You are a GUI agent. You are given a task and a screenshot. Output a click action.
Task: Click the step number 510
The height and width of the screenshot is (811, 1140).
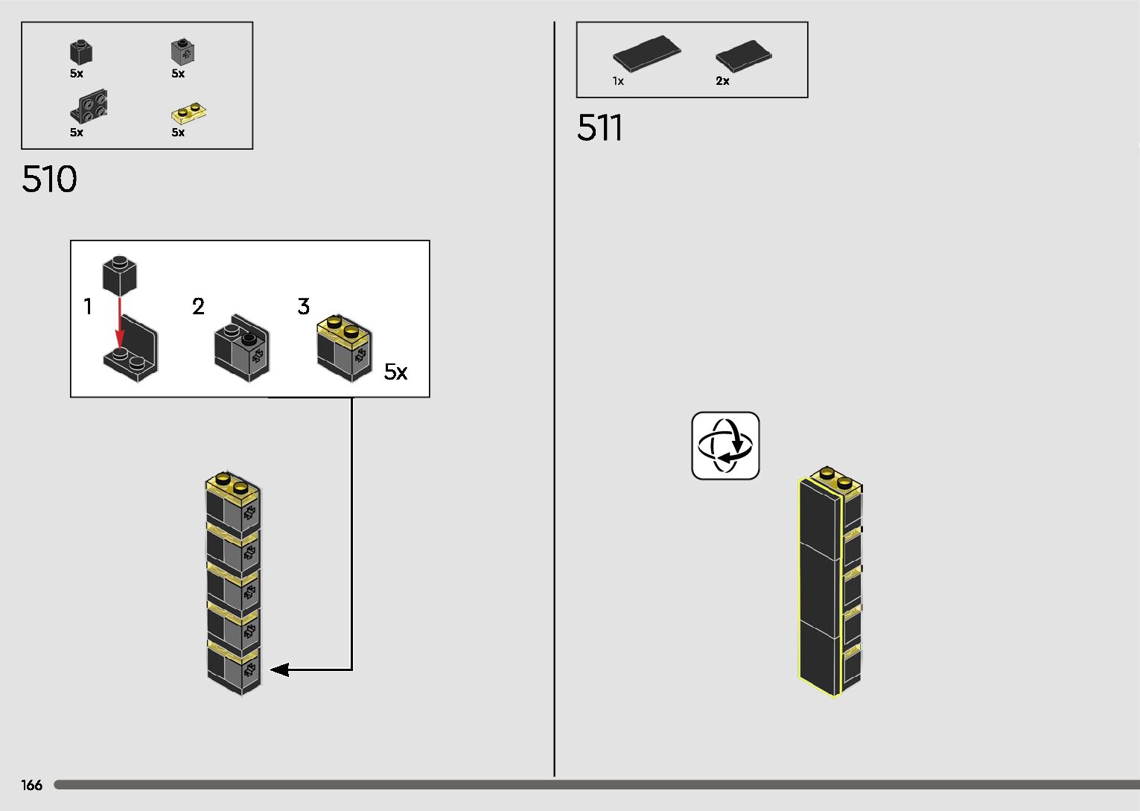tap(49, 179)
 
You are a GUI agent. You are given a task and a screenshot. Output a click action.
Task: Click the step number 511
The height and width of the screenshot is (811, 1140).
tap(599, 128)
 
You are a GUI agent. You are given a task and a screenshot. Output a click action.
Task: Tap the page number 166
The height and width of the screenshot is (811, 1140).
tap(32, 785)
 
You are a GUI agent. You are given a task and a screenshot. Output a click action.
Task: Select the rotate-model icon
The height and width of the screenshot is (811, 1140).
tap(725, 445)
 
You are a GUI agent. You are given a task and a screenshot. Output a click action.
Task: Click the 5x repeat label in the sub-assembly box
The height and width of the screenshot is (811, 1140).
tap(395, 372)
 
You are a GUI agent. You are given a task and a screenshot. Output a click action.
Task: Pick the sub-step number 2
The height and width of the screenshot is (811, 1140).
tap(198, 307)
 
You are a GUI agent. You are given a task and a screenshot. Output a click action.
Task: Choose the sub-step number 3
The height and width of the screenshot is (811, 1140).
tap(303, 307)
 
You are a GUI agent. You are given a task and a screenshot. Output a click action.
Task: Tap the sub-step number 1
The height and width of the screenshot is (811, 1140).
tap(88, 307)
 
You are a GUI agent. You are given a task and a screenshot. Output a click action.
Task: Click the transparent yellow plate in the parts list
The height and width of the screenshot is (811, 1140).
tap(188, 113)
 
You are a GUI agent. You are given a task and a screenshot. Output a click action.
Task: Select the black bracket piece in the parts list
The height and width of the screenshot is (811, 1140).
tap(89, 106)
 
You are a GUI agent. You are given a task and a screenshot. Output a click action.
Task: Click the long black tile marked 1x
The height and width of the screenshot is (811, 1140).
tap(646, 54)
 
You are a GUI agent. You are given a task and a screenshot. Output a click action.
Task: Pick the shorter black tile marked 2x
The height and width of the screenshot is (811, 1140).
tap(743, 56)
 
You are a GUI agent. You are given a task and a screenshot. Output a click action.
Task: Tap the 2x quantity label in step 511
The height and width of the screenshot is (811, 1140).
tap(722, 81)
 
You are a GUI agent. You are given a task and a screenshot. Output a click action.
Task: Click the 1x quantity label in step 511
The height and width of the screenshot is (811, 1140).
tap(618, 81)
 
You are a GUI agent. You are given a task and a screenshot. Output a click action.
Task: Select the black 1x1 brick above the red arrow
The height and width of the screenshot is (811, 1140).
tap(119, 276)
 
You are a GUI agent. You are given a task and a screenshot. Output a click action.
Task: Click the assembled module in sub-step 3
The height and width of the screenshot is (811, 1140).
tap(344, 348)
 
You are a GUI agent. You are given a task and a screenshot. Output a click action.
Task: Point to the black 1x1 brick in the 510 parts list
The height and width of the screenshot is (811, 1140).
tap(81, 52)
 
